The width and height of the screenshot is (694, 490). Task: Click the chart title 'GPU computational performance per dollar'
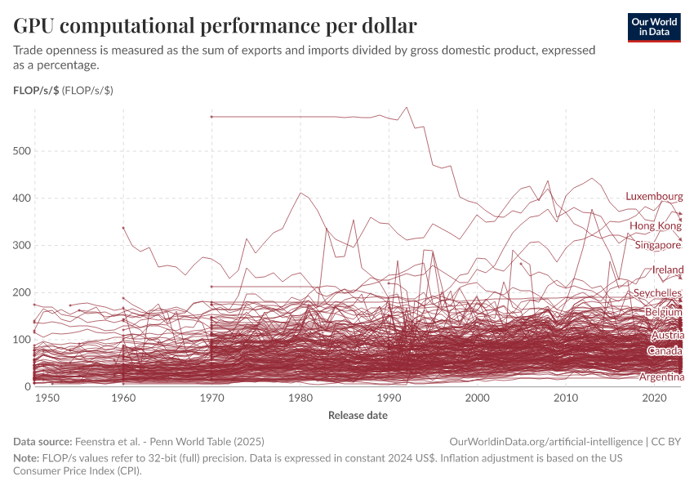[215, 26]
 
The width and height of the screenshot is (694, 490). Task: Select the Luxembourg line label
[654, 197]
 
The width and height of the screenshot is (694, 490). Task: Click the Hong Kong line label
[655, 225]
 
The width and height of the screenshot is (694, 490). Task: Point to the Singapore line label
[657, 245]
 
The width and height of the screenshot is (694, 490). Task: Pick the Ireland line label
[668, 269]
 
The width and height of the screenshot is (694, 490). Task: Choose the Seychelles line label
[657, 293]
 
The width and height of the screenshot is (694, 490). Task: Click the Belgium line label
[663, 312]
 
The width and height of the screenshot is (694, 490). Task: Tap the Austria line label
[667, 336]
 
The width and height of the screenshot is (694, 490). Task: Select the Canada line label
[665, 351]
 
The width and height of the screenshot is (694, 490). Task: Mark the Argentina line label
[661, 377]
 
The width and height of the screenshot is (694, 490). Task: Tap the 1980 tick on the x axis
[300, 398]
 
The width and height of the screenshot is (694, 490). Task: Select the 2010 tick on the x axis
[566, 398]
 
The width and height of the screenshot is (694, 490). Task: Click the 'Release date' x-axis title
[358, 416]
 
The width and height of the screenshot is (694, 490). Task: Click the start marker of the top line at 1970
[211, 117]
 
